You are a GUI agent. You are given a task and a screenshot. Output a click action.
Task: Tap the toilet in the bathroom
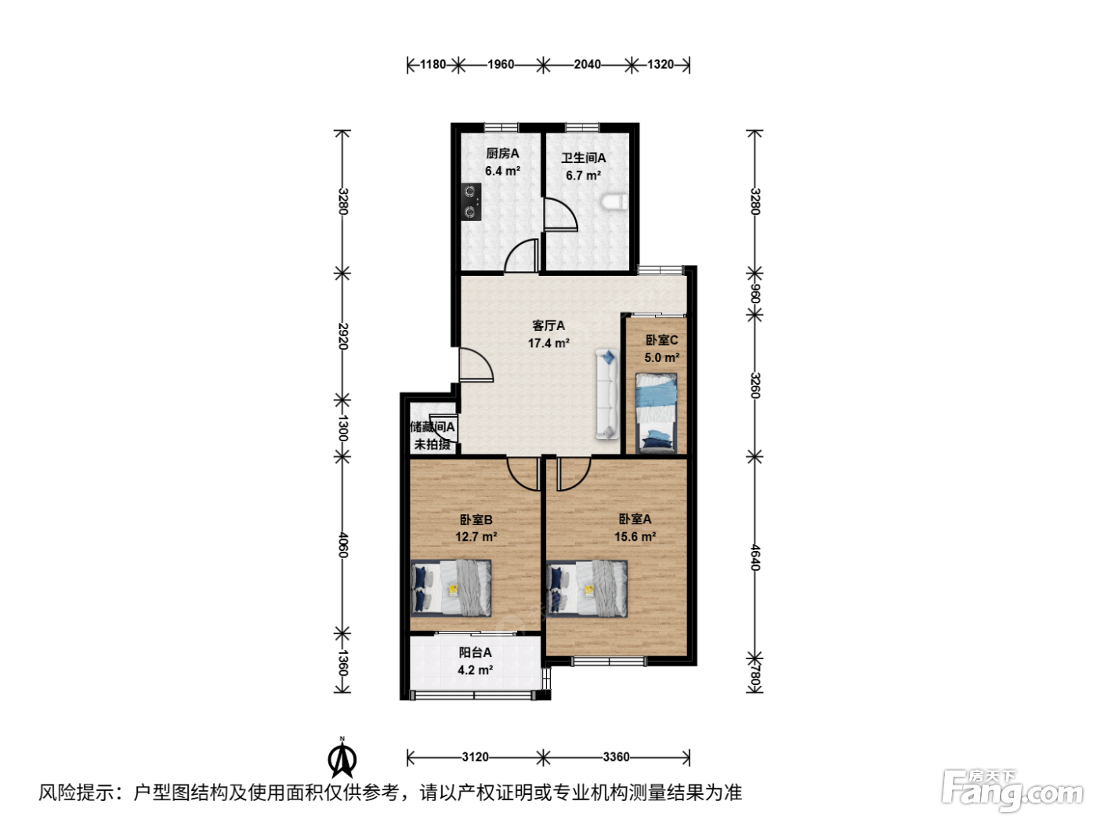coord(614,202)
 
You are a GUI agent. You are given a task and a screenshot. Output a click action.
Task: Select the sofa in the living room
coord(607,395)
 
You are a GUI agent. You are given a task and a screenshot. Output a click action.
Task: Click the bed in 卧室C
coord(656,413)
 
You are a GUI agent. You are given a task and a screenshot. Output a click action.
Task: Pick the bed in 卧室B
coord(451,587)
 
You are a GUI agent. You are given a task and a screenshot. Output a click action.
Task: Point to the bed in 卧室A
coord(587,588)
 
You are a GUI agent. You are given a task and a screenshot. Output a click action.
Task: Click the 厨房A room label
coord(502,154)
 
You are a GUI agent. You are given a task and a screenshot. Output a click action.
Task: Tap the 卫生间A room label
coord(583,158)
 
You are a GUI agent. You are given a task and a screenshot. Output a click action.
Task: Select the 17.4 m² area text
coord(548,343)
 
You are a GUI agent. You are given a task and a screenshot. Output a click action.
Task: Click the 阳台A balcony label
coord(476,652)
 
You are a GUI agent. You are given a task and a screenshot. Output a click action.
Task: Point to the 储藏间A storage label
coord(433,426)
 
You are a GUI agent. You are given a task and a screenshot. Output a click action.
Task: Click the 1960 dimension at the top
coord(501,64)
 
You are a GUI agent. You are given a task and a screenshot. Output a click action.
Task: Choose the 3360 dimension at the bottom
coord(616,757)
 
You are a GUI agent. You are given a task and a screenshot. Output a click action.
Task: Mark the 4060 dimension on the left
coord(343,546)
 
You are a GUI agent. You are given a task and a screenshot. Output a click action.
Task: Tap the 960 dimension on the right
coord(755,293)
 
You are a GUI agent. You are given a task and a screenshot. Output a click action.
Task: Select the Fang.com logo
coord(1012,789)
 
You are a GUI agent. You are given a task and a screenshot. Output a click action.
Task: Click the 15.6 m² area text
coord(635,536)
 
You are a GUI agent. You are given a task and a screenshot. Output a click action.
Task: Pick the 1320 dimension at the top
coord(661,64)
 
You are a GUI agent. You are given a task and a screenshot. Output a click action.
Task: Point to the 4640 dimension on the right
coord(755,557)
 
